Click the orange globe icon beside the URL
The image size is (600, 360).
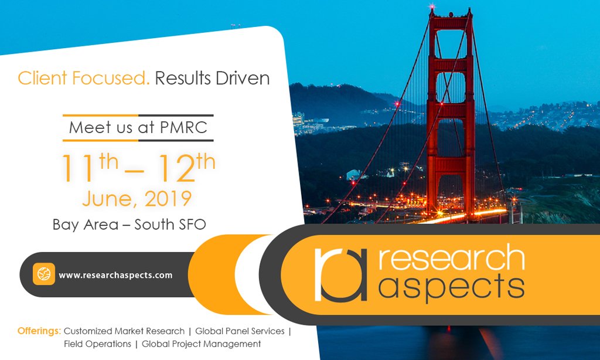pos(44,274)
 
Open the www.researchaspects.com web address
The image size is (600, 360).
pos(115,274)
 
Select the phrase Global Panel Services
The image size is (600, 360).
pos(240,331)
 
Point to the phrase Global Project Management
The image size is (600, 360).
pos(201,344)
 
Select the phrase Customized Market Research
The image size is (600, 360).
pos(124,331)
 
